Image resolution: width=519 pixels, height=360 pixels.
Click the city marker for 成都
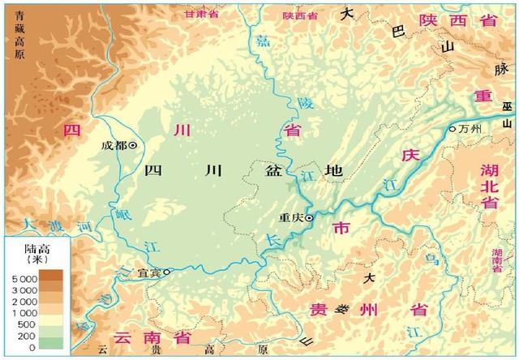pos(133,146)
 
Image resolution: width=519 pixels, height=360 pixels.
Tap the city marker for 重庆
pos(309,217)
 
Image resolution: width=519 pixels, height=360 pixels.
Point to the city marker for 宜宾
pos(167,272)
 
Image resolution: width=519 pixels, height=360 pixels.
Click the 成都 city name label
pos(114,146)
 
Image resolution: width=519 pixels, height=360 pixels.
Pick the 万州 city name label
pos(470,129)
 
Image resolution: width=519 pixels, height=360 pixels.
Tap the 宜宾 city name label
pos(148,273)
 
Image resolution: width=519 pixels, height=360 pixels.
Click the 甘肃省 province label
pos(202,14)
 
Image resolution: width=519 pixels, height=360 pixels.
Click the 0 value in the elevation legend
pos(32,347)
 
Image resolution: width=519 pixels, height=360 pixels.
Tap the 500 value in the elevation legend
pos(28,324)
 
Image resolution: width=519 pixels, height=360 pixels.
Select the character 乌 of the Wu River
pos(431,259)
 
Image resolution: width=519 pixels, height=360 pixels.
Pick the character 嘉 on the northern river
pos(261,41)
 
